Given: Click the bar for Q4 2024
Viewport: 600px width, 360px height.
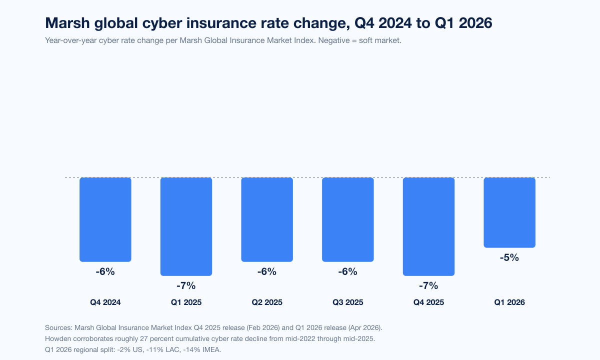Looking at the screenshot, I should coord(105,219).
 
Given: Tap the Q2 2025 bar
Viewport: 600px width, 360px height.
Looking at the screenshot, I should coord(267,219).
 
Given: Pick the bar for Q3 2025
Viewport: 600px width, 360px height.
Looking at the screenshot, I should coord(348,219).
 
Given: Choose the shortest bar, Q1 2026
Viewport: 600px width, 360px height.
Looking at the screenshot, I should coord(509,212).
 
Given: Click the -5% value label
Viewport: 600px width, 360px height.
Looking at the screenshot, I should coord(509,258).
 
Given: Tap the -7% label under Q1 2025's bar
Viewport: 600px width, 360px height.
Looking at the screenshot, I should coord(186,286).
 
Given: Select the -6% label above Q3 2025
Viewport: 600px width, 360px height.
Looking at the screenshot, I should coord(348,272).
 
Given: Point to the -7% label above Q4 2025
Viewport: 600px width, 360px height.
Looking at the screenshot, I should coord(428,286).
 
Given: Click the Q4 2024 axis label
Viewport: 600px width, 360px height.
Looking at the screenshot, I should coord(105,302).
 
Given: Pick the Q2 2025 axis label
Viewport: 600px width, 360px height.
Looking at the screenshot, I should coord(267,302).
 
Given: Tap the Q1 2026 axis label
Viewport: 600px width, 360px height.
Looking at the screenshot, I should coord(509,302).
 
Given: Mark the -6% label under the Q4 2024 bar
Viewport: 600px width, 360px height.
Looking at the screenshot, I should coord(105,272).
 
